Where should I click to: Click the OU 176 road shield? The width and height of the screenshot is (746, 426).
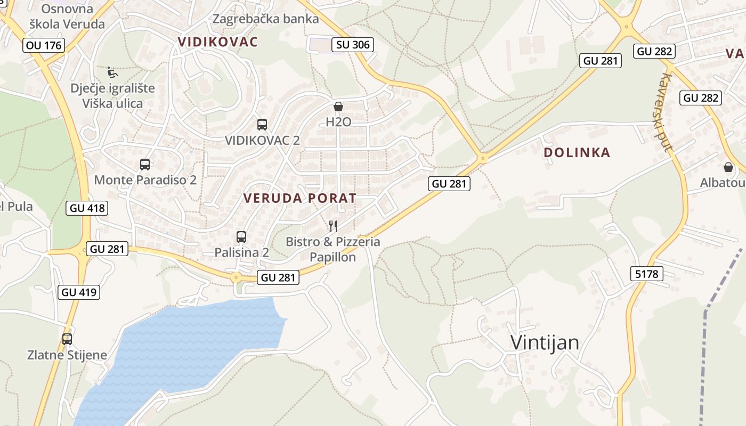[x=44, y=45]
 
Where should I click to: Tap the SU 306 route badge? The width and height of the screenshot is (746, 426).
[x=353, y=45]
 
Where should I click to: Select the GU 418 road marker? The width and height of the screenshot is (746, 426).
[x=88, y=208]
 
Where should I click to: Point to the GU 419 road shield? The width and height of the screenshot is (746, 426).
[x=79, y=292]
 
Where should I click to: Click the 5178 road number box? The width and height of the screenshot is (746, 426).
[x=647, y=274]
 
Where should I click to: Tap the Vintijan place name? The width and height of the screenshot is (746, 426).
[x=545, y=342]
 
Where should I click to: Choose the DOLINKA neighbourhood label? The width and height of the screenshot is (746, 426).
[x=577, y=153]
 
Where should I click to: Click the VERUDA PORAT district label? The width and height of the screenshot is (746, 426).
[x=299, y=198]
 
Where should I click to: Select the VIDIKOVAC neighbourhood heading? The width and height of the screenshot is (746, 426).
[x=217, y=42]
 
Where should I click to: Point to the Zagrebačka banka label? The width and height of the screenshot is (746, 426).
[x=265, y=19]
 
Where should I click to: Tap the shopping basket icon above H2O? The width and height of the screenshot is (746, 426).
[x=338, y=106]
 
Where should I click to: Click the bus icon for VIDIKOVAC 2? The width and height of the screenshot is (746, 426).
[x=262, y=125]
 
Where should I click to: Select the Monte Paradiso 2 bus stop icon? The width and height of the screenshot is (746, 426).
[x=145, y=165]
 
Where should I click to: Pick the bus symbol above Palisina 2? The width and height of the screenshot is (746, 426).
[x=241, y=237]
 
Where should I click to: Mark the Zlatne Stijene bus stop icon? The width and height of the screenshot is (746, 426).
[x=67, y=339]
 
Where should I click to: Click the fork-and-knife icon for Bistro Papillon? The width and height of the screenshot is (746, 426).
[x=333, y=226]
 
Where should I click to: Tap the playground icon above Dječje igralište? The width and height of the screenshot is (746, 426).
[x=112, y=72]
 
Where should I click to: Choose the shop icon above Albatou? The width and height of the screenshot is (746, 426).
[x=728, y=167]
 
